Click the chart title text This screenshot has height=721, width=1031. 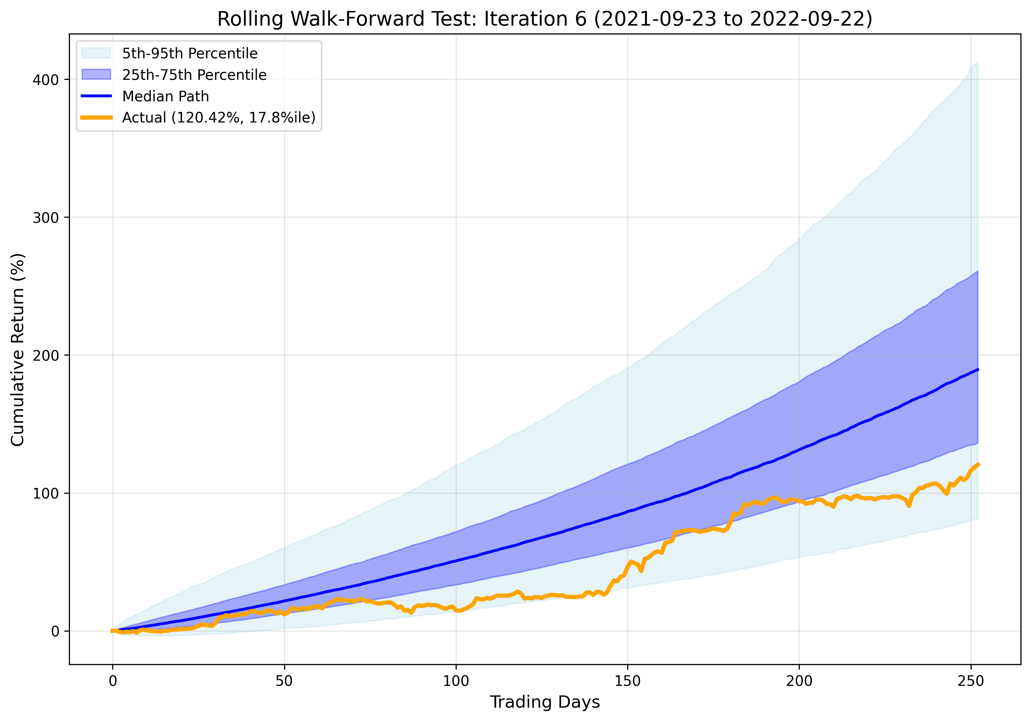pos(544,19)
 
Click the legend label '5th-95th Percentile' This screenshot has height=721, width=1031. pos(190,54)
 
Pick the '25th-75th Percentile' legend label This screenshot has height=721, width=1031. pos(194,75)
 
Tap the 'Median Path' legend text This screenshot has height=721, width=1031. pos(165,96)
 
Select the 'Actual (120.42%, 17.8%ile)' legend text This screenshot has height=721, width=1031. pos(219,117)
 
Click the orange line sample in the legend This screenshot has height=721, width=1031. pos(96,117)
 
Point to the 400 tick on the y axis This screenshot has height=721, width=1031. pos(46,80)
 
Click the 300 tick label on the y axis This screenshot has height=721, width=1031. pos(46,218)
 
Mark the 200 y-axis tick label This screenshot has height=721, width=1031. pos(46,355)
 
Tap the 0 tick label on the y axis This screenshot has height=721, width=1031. pos(55,631)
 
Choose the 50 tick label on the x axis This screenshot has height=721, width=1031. pos(284,681)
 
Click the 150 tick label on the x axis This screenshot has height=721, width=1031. pos(627,681)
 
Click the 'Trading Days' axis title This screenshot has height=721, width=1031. pos(544,702)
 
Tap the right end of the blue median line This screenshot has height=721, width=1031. pos(977,370)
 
